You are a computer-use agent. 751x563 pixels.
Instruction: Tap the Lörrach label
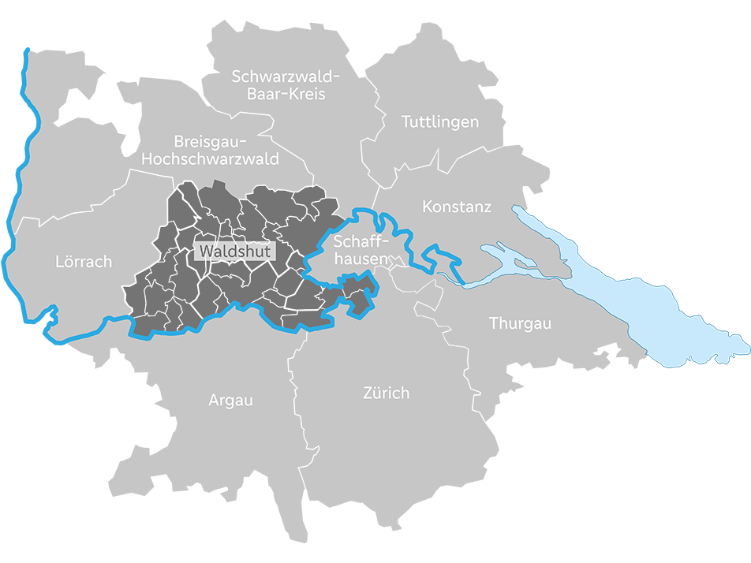tap(84, 261)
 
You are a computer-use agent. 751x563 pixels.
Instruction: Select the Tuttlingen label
tap(440, 122)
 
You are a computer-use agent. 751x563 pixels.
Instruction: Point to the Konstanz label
tap(457, 207)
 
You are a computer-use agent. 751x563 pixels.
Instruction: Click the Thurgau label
tap(520, 323)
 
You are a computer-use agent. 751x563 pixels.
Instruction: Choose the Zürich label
tap(386, 393)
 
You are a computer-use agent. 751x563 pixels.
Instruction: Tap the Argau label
tap(230, 401)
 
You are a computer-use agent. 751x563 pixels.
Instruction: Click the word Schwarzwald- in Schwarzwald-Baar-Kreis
tap(286, 76)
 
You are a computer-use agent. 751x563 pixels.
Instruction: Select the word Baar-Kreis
tap(286, 94)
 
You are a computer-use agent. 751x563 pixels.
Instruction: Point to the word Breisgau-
tap(210, 142)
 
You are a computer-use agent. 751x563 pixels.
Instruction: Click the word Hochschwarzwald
tap(210, 159)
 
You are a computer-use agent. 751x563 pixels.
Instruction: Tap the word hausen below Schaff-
tap(361, 258)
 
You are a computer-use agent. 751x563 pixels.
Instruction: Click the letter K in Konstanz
tap(428, 207)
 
